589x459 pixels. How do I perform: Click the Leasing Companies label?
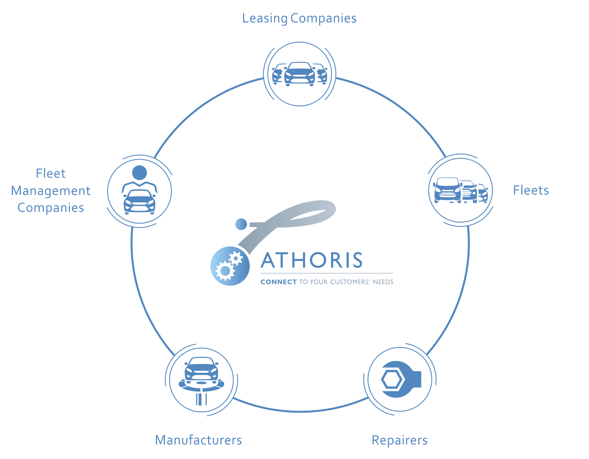tap(299, 18)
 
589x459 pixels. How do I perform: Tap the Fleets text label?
tap(530, 190)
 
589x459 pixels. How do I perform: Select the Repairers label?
tap(399, 440)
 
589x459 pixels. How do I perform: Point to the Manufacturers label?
tap(198, 440)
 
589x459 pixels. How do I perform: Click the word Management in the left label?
tap(51, 191)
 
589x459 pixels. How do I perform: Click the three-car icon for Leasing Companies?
tap(300, 74)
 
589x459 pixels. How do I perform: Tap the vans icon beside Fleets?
tap(460, 190)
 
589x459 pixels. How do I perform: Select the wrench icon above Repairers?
tap(400, 380)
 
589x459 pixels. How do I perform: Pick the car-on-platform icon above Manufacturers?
tap(201, 380)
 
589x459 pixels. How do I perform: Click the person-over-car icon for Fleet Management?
tap(139, 191)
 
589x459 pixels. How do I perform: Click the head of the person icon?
tap(139, 173)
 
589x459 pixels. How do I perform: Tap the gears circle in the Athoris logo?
tap(230, 266)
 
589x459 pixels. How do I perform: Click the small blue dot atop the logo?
tap(241, 224)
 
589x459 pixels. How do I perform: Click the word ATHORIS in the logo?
tap(312, 260)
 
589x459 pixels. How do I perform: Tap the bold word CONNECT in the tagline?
tap(278, 282)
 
